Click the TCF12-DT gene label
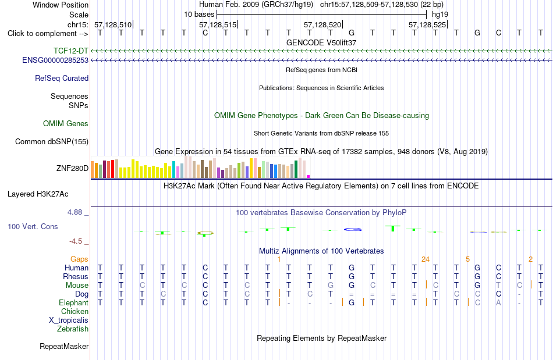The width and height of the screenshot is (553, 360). click(x=70, y=51)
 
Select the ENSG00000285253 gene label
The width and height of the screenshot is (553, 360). click(x=55, y=60)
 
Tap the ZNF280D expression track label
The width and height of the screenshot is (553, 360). click(x=72, y=169)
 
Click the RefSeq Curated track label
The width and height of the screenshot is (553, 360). click(x=62, y=78)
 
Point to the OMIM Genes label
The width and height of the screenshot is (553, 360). click(x=66, y=124)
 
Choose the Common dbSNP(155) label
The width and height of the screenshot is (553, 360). click(x=52, y=141)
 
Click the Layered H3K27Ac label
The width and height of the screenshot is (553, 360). click(x=38, y=194)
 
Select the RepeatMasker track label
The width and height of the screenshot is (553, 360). click(x=64, y=347)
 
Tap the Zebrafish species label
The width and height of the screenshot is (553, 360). click(x=73, y=329)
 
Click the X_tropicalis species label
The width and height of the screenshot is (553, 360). click(x=69, y=320)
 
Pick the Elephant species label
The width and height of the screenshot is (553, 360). click(x=74, y=303)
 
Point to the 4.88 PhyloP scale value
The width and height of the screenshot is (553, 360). click(x=75, y=212)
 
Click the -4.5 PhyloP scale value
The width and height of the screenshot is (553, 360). click(x=76, y=241)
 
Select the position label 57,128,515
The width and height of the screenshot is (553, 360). click(x=218, y=24)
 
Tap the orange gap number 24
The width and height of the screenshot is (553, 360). click(x=426, y=259)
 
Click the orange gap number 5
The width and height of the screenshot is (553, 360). click(x=467, y=259)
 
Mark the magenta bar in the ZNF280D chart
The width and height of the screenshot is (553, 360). click(x=309, y=176)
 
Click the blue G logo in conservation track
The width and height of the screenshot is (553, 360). click(x=353, y=230)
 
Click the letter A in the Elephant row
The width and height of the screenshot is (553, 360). click(x=498, y=302)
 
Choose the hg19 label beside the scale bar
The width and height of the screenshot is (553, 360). click(x=440, y=15)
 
